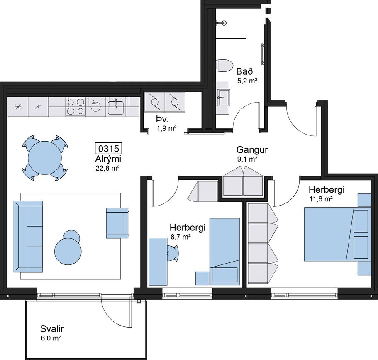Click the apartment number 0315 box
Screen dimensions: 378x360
tap(108, 148)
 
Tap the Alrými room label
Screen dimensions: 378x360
tap(108, 159)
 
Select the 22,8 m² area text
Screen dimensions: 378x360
tap(108, 168)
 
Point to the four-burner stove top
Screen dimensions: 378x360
tap(76, 106)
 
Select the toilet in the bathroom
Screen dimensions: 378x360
tap(224, 66)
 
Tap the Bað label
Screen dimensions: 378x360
tap(244, 72)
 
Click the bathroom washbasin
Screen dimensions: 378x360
tap(224, 98)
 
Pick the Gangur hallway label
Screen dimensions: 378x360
tap(252, 150)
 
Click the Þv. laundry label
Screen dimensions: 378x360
tap(162, 120)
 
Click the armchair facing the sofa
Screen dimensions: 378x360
tap(117, 223)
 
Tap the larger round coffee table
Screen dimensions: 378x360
tap(67, 251)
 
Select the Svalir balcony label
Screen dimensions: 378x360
tap(52, 328)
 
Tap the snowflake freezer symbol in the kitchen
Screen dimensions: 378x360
tap(18, 107)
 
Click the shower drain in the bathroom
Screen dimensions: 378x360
tap(224, 23)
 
